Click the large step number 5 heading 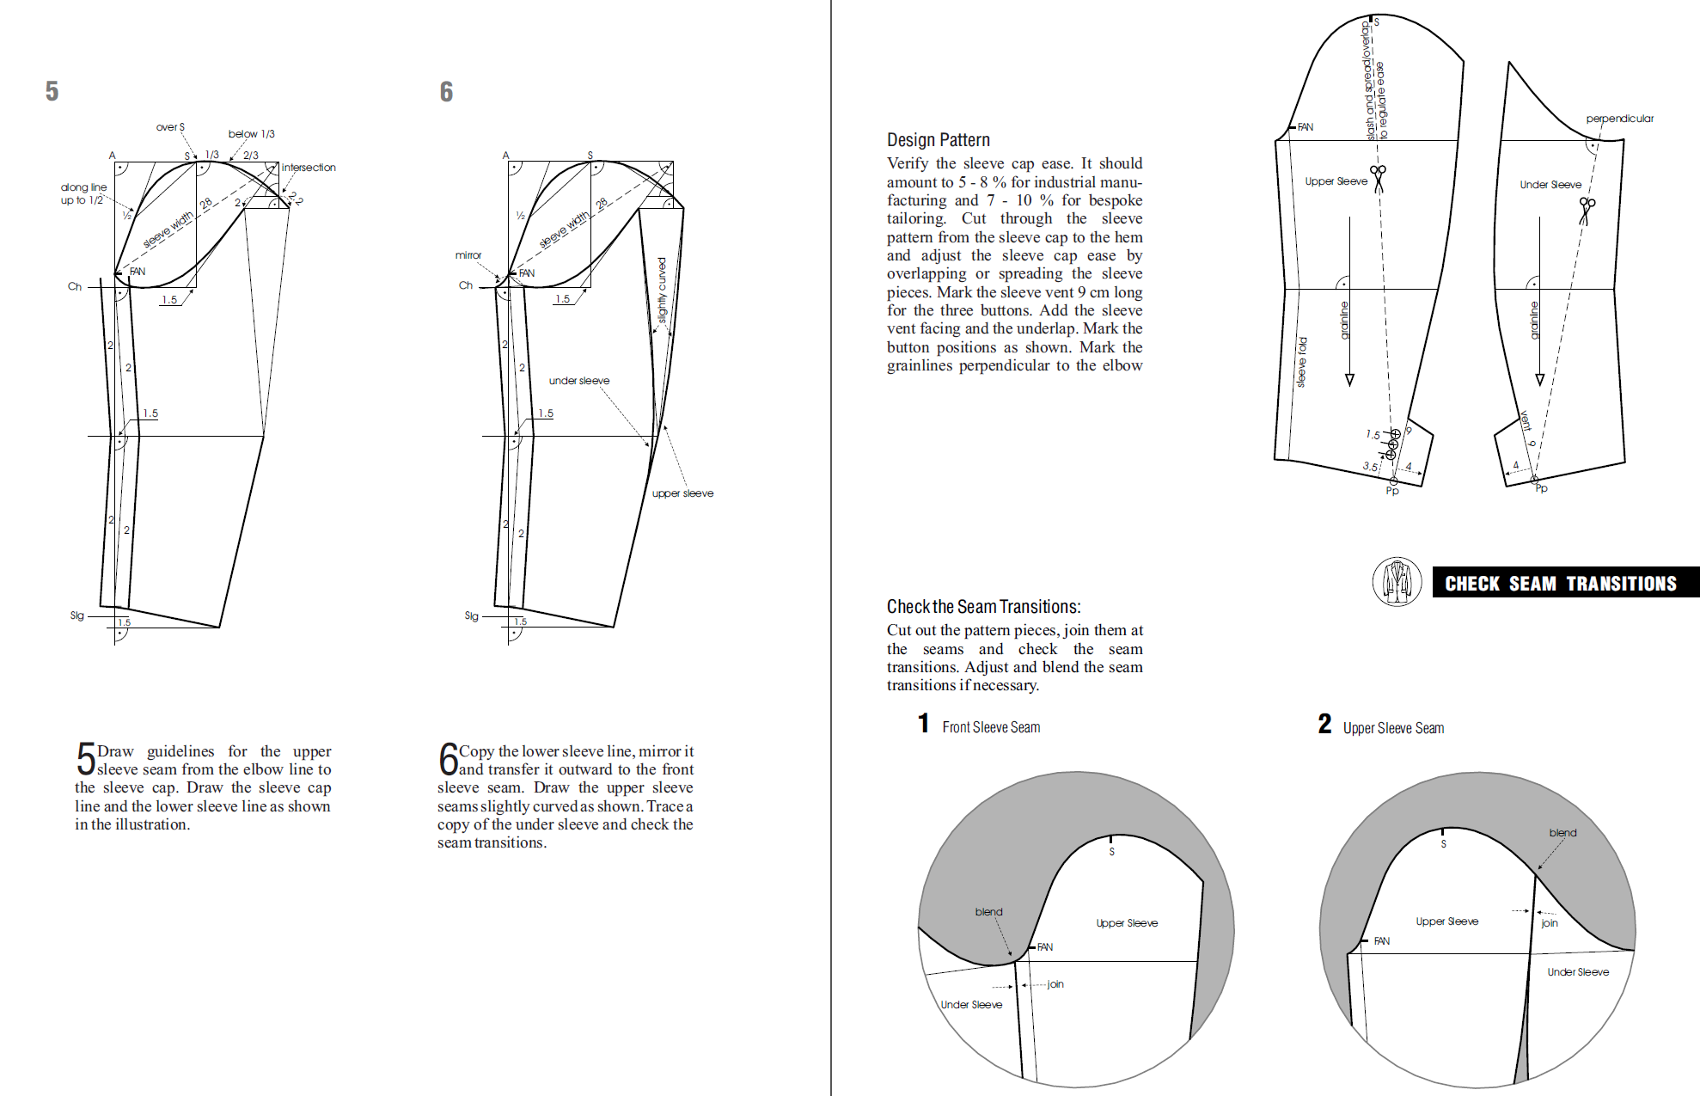click(x=52, y=91)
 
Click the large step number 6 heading click(x=446, y=92)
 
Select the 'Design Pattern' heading click(x=938, y=140)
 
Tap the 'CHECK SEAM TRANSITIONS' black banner click(x=1560, y=584)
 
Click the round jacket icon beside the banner click(x=1397, y=582)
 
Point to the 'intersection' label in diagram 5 click(x=309, y=168)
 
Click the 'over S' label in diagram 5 click(x=170, y=127)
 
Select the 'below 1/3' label click(x=251, y=134)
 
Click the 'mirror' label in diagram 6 click(x=468, y=255)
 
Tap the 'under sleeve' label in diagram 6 click(x=579, y=381)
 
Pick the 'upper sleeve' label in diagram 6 click(x=682, y=493)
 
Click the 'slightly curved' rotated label click(x=662, y=291)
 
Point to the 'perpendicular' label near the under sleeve click(x=1619, y=119)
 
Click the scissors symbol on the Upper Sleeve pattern click(x=1379, y=178)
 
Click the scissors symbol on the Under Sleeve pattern click(x=1587, y=210)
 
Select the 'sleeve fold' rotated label click(x=1302, y=362)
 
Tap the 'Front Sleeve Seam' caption click(x=991, y=727)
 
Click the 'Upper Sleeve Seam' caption click(x=1393, y=728)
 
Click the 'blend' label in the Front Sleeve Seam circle click(x=988, y=912)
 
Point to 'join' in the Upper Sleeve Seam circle click(x=1550, y=923)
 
